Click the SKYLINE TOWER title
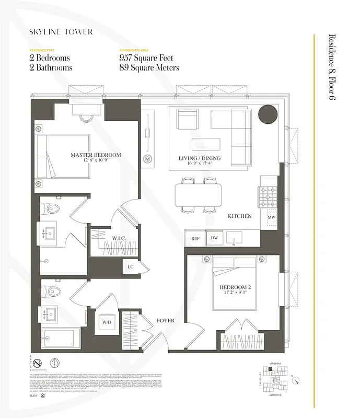(61, 32)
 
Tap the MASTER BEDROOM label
(96, 155)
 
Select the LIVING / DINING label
(199, 158)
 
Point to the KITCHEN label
(239, 216)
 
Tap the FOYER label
(166, 320)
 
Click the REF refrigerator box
(195, 238)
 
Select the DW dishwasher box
(214, 238)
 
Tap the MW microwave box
(271, 217)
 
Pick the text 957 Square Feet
(146, 58)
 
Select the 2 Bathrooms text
(51, 67)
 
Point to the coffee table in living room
(206, 144)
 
